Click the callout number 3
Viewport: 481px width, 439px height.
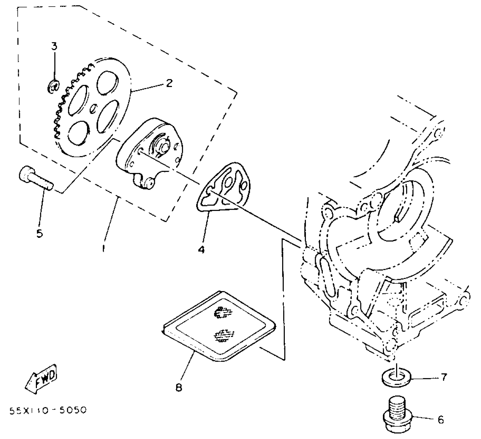click(54, 46)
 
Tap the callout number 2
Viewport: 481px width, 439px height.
click(169, 83)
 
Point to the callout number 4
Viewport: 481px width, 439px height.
click(201, 249)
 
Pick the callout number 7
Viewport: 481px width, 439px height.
click(444, 377)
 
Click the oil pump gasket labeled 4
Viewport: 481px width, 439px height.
click(224, 187)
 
